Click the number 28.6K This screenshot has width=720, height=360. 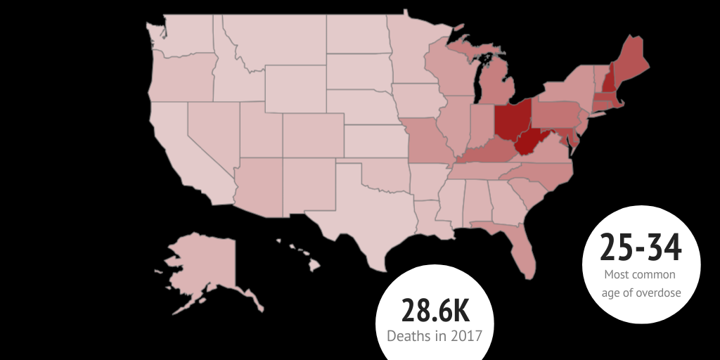(435, 311)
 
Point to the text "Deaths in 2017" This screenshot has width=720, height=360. (435, 335)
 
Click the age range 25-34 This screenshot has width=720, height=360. (641, 247)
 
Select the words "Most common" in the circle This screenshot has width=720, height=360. (641, 275)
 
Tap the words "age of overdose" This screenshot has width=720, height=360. (641, 292)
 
